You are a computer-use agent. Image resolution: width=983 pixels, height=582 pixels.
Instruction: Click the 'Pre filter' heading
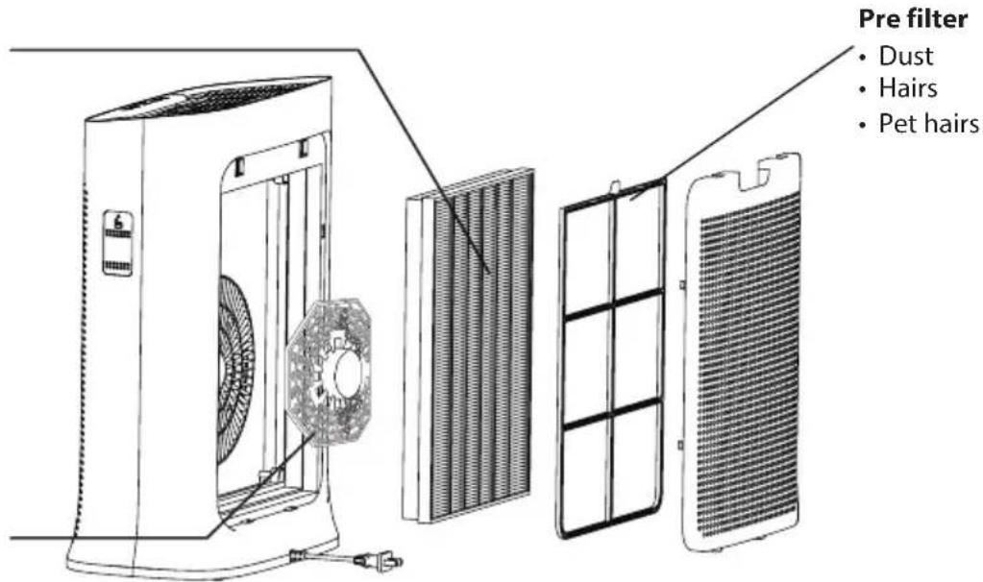tap(912, 18)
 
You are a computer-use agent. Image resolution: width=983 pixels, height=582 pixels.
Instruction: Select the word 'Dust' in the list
tap(905, 56)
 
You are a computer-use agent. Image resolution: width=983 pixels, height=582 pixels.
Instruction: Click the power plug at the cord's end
tap(377, 560)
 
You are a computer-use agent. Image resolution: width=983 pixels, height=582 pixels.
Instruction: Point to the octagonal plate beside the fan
tap(329, 371)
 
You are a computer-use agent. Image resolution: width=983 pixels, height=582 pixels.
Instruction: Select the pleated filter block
tap(468, 345)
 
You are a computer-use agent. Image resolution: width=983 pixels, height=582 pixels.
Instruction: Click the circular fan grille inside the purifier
tap(234, 370)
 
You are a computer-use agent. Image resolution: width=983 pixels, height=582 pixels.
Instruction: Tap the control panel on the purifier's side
tap(117, 242)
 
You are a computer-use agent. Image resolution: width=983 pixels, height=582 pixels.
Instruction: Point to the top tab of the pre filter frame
tap(616, 186)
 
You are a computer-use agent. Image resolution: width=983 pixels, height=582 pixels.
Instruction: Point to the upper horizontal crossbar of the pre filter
tap(613, 305)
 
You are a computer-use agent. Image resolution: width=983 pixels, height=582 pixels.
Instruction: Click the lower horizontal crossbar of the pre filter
tap(612, 415)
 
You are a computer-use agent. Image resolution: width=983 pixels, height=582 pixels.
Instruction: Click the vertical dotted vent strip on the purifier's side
tap(82, 357)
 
